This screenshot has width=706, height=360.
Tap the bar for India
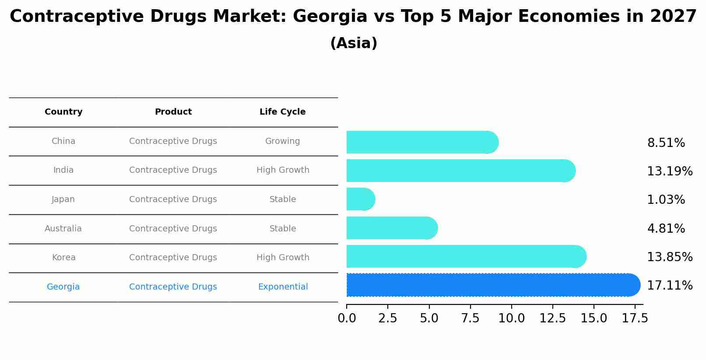coord(460,171)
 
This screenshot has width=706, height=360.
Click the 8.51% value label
coord(666,143)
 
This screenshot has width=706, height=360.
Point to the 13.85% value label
coord(669,257)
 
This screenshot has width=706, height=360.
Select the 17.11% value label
coord(669,286)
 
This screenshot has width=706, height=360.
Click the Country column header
coord(63,112)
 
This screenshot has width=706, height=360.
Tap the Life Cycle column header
coord(282,112)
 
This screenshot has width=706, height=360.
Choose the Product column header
coord(173,112)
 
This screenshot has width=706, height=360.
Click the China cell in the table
coord(63,141)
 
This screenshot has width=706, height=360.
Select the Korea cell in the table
coord(63,258)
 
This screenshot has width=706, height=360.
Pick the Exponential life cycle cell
coord(283,287)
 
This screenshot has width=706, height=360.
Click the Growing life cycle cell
coord(282,141)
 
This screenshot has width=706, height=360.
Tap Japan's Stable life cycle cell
coord(282,199)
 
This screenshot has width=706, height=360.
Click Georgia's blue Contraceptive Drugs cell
coord(173,287)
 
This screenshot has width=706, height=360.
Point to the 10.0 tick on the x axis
coord(511,318)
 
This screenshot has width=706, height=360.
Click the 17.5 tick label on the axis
coord(635,318)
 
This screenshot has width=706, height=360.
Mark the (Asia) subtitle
coord(353,43)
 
